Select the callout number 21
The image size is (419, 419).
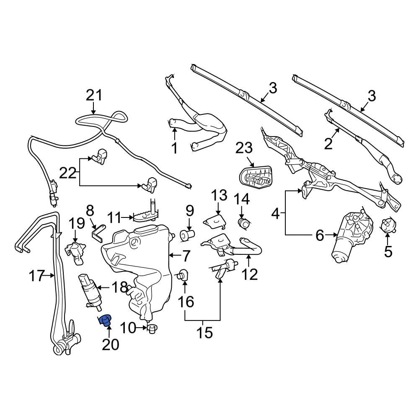pos(94,96)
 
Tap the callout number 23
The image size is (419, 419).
pos(244,148)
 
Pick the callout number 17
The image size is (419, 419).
pos(37,276)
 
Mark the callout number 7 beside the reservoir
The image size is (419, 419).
pos(186,255)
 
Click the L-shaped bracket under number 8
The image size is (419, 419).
pos(99,233)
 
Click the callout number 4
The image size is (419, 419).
pos(275,214)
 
